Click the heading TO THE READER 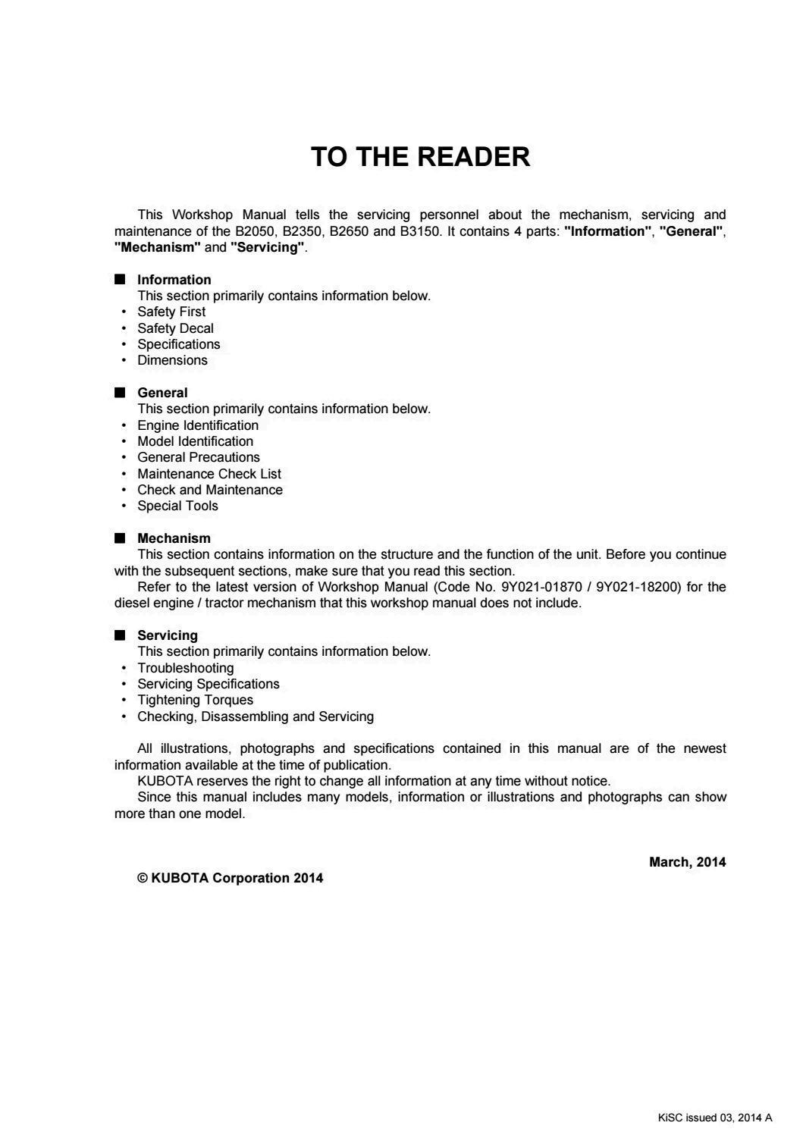click(x=420, y=157)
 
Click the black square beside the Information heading click(x=120, y=279)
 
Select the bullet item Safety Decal click(x=175, y=328)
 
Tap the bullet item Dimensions click(x=172, y=360)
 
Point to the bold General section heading click(x=162, y=393)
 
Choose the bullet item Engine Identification click(x=198, y=425)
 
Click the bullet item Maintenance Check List click(x=209, y=474)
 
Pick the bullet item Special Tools click(x=177, y=506)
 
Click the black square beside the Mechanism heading click(x=120, y=538)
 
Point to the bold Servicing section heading click(x=167, y=635)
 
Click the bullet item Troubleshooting click(x=185, y=668)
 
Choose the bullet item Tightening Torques click(x=195, y=700)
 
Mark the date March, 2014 click(x=687, y=862)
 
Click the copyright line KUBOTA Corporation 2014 click(x=230, y=878)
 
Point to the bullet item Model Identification click(x=195, y=441)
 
